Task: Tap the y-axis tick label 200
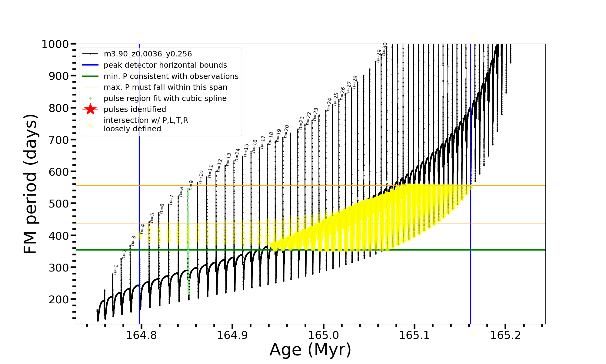pyautogui.click(x=59, y=299)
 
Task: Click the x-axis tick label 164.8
pyautogui.click(x=141, y=335)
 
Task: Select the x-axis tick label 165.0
pyautogui.click(x=323, y=335)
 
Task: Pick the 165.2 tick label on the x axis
pyautogui.click(x=505, y=335)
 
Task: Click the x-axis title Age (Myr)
pyautogui.click(x=310, y=350)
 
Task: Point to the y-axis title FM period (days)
pyautogui.click(x=31, y=184)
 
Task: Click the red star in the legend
pyautogui.click(x=90, y=109)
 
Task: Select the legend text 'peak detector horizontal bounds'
pyautogui.click(x=165, y=65)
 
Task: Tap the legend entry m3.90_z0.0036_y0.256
pyautogui.click(x=148, y=54)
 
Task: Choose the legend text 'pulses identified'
pyautogui.click(x=135, y=109)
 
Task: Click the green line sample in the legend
pyautogui.click(x=90, y=76)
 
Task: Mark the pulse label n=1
pyautogui.click(x=115, y=269)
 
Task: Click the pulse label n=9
pyautogui.click(x=191, y=185)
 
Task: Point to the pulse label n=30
pyautogui.click(x=385, y=49)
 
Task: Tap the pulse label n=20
pyautogui.click(x=286, y=131)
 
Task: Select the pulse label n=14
pyautogui.click(x=237, y=155)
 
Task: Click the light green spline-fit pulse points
pyautogui.click(x=188, y=243)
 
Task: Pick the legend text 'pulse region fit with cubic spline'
pyautogui.click(x=165, y=99)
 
